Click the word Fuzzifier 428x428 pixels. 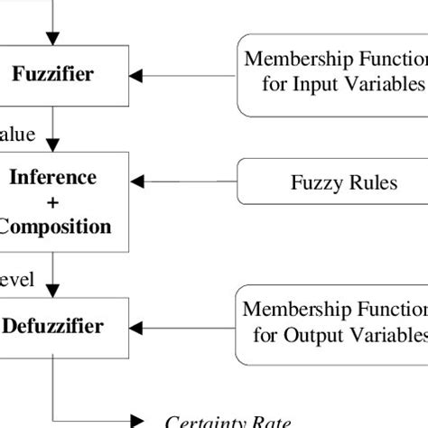pyautogui.click(x=52, y=74)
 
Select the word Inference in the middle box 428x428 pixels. pyautogui.click(x=52, y=177)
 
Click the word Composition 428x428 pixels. pyautogui.click(x=54, y=226)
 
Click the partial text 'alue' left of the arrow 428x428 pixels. pyautogui.click(x=18, y=135)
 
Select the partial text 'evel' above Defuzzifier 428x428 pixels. pyautogui.click(x=18, y=280)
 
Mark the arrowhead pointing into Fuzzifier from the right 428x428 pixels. pyautogui.click(x=138, y=74)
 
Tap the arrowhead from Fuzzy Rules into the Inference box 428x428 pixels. pyautogui.click(x=138, y=183)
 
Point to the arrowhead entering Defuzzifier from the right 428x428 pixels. pyautogui.click(x=138, y=325)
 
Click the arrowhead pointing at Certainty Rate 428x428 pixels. pyautogui.click(x=137, y=419)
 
